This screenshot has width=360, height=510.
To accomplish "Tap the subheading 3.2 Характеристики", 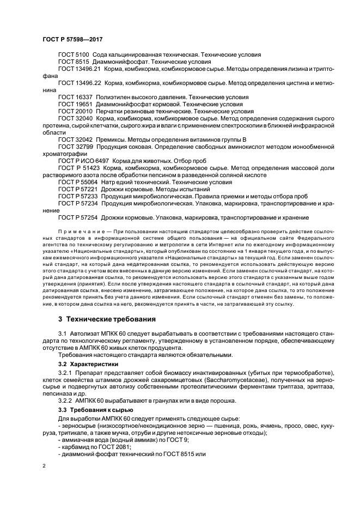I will tap(89, 363).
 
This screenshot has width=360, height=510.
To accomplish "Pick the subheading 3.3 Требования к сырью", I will tap(94, 409).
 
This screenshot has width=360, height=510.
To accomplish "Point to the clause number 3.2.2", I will tap(66, 400).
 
